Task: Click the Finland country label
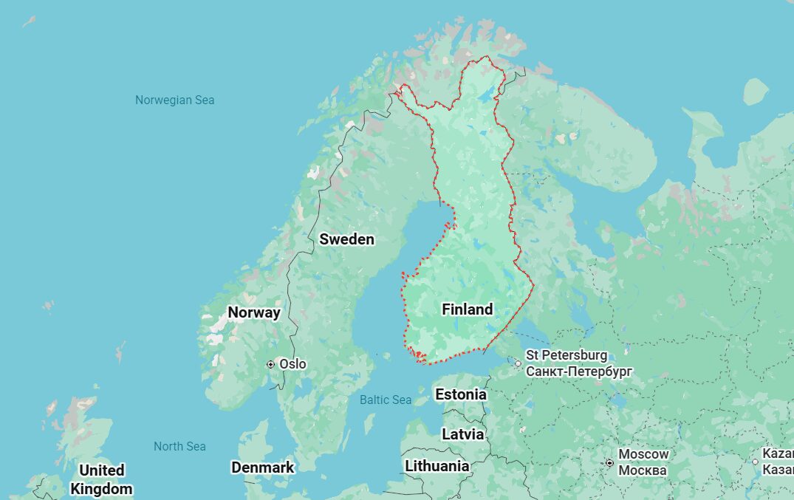(467, 309)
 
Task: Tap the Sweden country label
(346, 239)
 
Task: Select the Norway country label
(253, 312)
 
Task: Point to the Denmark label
(262, 468)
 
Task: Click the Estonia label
(461, 394)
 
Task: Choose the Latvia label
(462, 434)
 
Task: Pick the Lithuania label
(437, 466)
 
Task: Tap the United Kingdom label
(101, 479)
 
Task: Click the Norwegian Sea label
(174, 100)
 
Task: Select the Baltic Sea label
(386, 400)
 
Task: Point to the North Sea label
(179, 446)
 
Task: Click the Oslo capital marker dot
(271, 364)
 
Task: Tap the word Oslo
(292, 364)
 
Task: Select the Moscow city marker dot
(609, 463)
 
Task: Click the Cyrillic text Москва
(642, 470)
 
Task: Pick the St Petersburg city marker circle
(518, 363)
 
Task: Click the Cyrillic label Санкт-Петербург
(578, 371)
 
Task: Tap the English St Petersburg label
(567, 355)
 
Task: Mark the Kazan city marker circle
(755, 462)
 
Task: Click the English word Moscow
(643, 454)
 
